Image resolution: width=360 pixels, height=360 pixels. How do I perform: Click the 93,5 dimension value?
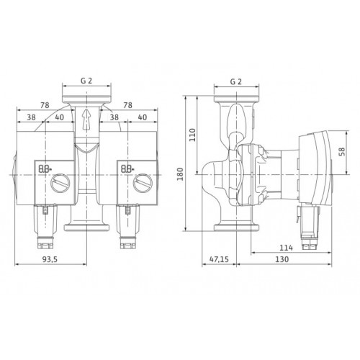point(50,259)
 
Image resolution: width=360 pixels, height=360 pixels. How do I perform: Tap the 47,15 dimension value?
point(219,259)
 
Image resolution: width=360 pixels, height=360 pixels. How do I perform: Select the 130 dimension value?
point(282,259)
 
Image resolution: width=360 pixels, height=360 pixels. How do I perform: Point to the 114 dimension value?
point(287,248)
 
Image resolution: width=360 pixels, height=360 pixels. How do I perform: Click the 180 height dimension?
point(180,174)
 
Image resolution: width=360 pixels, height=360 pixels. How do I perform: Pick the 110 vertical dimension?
point(193,135)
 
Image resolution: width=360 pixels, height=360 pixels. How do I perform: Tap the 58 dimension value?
point(341,151)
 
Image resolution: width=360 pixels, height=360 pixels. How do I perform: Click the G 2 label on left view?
point(86,81)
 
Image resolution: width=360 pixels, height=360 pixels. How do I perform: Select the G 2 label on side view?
point(236,82)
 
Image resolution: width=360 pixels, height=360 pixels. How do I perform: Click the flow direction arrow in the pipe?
point(86,120)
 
